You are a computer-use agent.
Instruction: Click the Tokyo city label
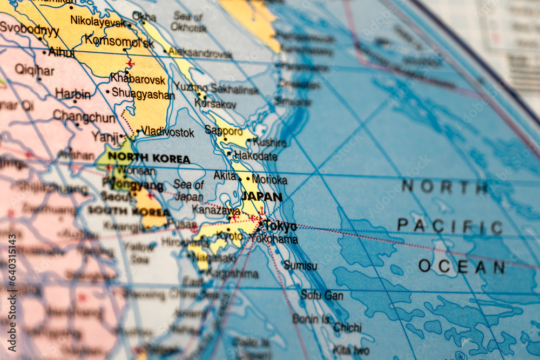point(281,226)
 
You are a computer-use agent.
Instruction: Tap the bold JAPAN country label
point(262,196)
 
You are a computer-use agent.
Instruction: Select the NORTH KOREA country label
point(149,159)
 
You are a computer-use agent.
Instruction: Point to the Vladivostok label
point(167,132)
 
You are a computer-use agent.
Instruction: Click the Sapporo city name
point(224,131)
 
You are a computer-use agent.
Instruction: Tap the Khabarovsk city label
point(138,79)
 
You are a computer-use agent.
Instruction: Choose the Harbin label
point(73,94)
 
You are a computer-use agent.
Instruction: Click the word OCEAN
point(462,266)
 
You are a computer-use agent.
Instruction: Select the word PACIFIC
point(450,226)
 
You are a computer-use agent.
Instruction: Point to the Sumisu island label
point(300,266)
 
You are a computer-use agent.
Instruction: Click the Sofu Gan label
point(322,295)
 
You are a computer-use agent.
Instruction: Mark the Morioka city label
point(269,180)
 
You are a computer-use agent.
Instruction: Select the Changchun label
point(84,116)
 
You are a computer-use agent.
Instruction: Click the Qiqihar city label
point(35,70)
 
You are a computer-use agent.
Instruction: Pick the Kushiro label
point(269,142)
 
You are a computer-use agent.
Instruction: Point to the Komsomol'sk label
point(119,41)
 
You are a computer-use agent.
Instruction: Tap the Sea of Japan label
point(188,191)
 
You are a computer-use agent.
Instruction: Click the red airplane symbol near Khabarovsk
point(130,64)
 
